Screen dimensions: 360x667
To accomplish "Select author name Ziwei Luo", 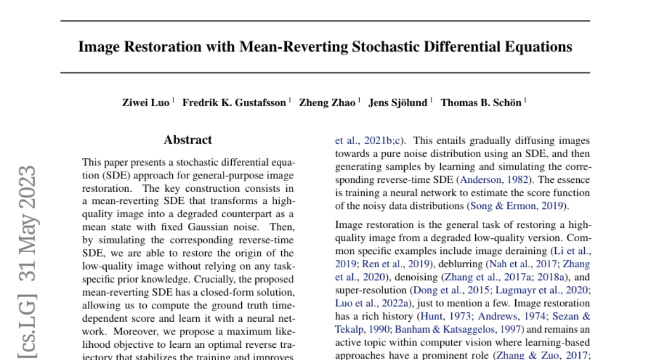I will pos(146,103).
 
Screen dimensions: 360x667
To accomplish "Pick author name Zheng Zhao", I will pos(327,103).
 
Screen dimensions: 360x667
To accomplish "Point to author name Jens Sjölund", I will pos(397,103).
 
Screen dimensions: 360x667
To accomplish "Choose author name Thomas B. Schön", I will pos(481,103).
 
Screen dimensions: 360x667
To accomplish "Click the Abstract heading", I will pos(188,140).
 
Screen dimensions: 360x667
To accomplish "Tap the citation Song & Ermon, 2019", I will pos(517,206).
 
